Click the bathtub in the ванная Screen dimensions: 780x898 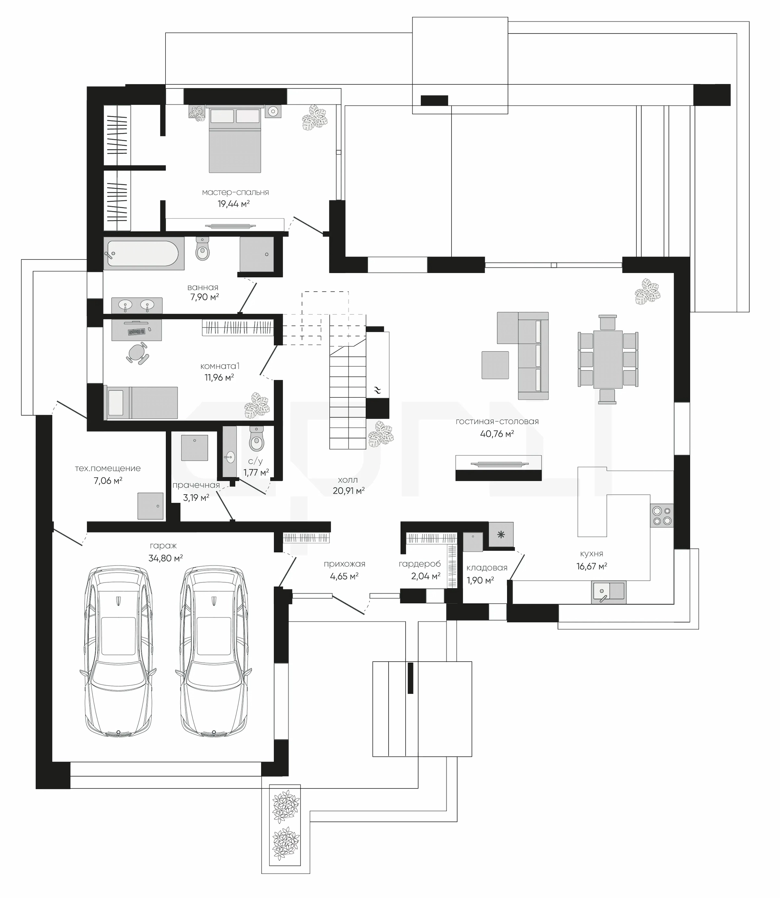(x=142, y=253)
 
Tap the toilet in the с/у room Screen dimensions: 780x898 (x=256, y=439)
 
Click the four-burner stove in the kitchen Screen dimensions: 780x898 (x=662, y=515)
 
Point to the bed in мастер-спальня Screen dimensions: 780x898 (x=235, y=139)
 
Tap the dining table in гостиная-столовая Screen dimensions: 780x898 (x=608, y=359)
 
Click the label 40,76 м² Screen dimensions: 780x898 (x=497, y=434)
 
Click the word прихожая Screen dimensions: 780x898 (x=344, y=564)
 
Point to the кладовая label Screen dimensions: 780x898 (x=487, y=568)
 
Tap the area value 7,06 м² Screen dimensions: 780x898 (x=108, y=481)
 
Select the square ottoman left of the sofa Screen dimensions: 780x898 (x=495, y=365)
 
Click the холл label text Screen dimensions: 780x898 (x=348, y=480)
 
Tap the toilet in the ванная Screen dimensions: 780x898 (x=202, y=248)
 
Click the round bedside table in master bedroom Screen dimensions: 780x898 (x=273, y=111)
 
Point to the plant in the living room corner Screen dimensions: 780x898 (x=647, y=292)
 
